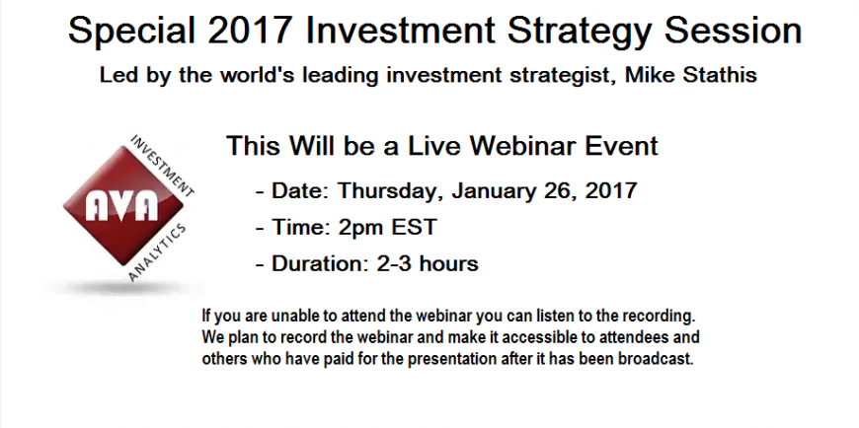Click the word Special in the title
pyautogui.click(x=132, y=32)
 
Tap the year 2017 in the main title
pyautogui.click(x=250, y=31)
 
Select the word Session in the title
pyautogui.click(x=733, y=31)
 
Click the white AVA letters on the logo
pyautogui.click(x=121, y=207)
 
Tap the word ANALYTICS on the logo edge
pyautogui.click(x=158, y=252)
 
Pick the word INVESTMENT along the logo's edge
pyautogui.click(x=162, y=166)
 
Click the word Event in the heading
pyautogui.click(x=622, y=146)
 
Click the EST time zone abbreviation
pyautogui.click(x=414, y=227)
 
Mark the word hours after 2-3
pyautogui.click(x=448, y=264)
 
